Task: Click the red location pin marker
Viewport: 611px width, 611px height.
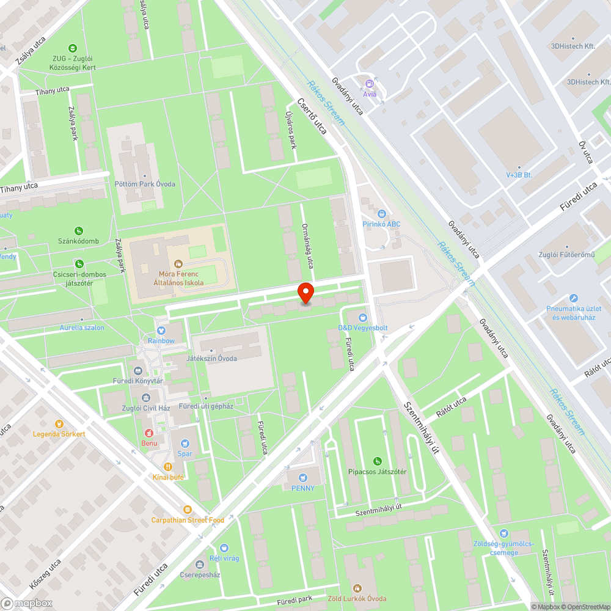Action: (x=305, y=293)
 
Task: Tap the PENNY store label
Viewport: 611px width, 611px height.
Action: (x=303, y=488)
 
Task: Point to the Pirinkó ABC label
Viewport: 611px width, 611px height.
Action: (x=381, y=224)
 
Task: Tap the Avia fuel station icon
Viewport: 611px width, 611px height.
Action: (x=369, y=84)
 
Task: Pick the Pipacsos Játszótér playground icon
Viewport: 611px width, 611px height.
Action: (x=378, y=461)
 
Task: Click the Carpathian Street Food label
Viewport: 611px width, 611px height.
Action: (x=188, y=520)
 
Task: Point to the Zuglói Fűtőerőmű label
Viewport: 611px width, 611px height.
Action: (x=566, y=255)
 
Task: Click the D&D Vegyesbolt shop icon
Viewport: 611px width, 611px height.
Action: (x=363, y=318)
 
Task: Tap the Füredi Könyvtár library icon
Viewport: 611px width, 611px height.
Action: (x=137, y=370)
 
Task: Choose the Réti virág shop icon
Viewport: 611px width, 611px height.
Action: (x=224, y=548)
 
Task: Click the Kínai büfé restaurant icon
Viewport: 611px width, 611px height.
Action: (x=167, y=466)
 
